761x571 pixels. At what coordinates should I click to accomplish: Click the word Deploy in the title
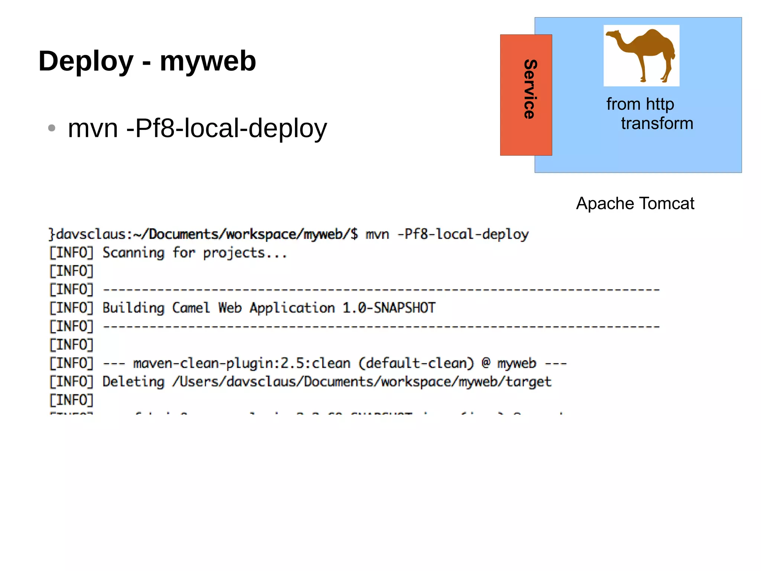86,61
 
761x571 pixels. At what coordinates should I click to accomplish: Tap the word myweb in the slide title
208,61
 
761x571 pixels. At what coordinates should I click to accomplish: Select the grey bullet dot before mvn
52,128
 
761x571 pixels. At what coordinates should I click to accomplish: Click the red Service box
525,95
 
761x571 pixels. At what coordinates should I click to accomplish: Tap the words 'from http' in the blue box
640,104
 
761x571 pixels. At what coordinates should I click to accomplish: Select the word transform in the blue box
657,123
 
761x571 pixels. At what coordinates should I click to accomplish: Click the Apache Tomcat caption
635,203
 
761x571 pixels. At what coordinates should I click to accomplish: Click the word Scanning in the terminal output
133,253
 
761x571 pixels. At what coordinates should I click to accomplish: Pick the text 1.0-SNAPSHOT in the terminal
389,308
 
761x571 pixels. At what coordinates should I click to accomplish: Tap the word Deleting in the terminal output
133,382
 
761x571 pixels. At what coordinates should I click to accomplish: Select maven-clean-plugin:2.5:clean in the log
242,363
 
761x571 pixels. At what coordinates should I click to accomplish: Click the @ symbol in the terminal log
486,363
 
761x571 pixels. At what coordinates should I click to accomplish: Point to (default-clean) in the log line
416,363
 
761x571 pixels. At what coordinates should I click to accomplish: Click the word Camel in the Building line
191,308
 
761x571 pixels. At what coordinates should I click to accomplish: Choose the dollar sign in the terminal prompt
354,234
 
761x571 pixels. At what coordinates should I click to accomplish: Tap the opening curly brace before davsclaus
52,234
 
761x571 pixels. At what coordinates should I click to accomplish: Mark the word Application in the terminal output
292,308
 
